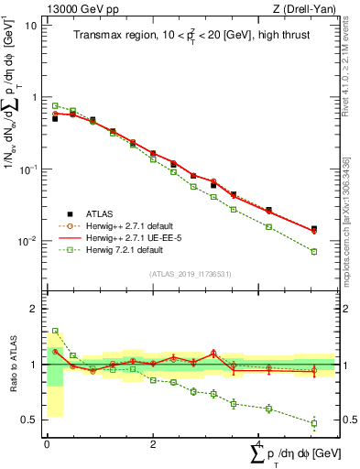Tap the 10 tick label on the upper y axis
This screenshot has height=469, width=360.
pyautogui.click(x=30, y=25)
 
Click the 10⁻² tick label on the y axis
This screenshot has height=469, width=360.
pyautogui.click(x=27, y=242)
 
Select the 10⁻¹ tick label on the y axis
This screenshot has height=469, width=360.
pyautogui.click(x=27, y=169)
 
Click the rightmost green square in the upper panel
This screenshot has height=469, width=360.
pyautogui.click(x=314, y=251)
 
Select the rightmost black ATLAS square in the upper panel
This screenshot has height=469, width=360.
pyautogui.click(x=314, y=229)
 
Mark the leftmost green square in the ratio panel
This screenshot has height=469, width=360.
pyautogui.click(x=55, y=331)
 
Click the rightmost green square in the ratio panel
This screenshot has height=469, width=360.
pyautogui.click(x=314, y=423)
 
